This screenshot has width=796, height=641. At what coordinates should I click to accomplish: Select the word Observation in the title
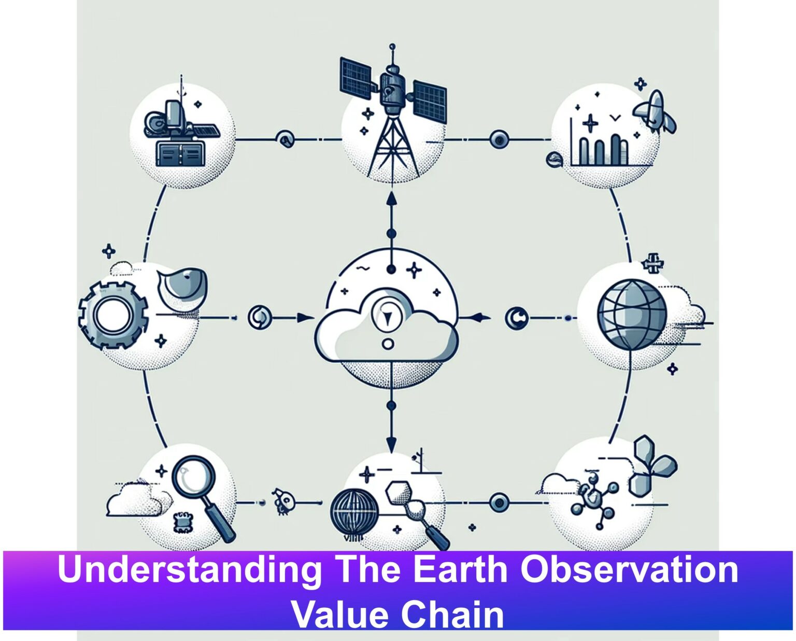629,569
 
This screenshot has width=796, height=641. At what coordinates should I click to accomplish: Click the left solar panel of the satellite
356,79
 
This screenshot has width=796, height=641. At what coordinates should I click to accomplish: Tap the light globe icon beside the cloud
632,315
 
